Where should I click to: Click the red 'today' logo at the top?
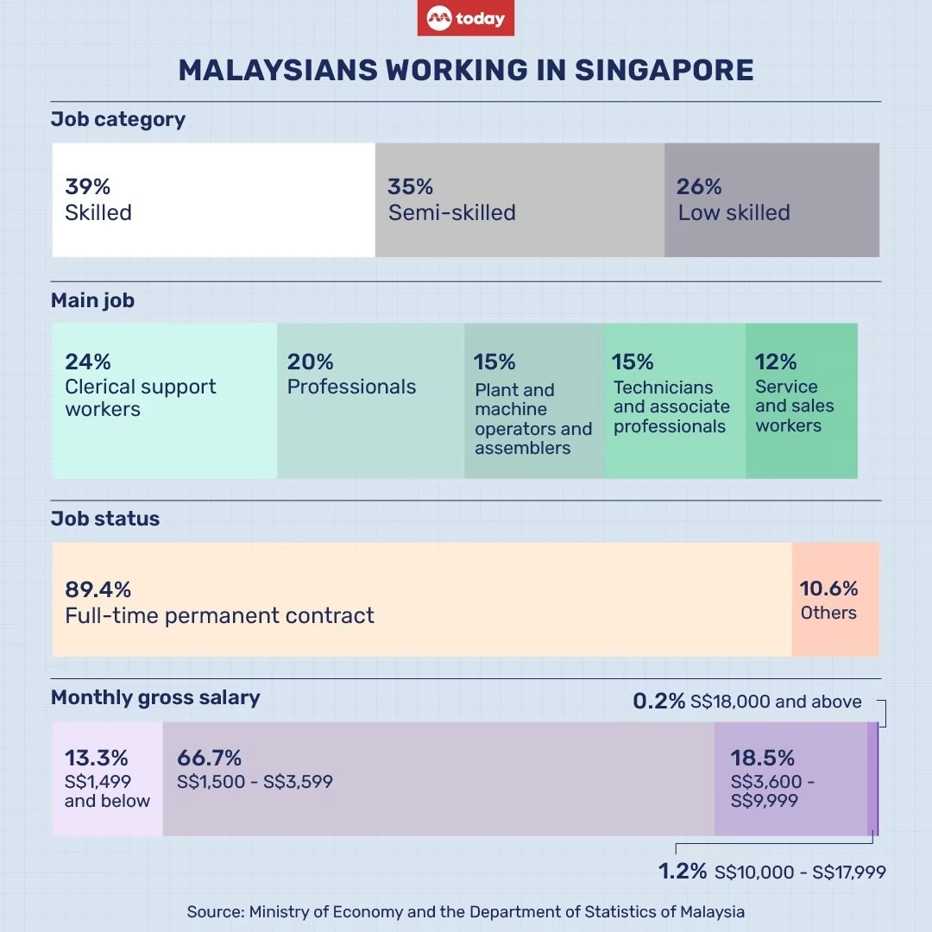(x=466, y=19)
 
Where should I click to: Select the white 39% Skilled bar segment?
(x=213, y=200)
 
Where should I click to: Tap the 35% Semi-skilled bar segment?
(x=520, y=200)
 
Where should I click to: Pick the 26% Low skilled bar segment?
(x=771, y=200)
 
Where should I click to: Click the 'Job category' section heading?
(x=118, y=119)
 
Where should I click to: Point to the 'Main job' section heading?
(x=92, y=301)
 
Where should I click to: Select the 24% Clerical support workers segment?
(x=164, y=400)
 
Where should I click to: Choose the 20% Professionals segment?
(x=370, y=400)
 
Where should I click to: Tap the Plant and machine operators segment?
(x=534, y=400)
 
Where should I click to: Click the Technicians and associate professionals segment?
(x=675, y=400)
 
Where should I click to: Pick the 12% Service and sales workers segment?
(x=802, y=400)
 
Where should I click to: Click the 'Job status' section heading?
(x=105, y=519)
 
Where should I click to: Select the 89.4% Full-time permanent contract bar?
(x=421, y=599)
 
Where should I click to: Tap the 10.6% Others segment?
(x=835, y=599)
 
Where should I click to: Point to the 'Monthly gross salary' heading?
(x=155, y=697)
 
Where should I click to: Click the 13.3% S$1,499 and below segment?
(x=107, y=778)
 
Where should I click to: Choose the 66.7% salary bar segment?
(x=438, y=778)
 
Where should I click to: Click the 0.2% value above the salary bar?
(x=658, y=702)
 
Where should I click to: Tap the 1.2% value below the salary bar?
(x=683, y=872)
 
